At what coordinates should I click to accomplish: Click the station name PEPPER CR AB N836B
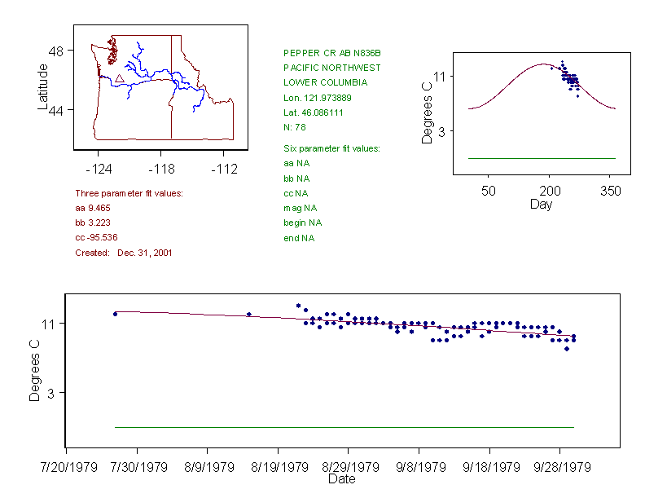point(331,53)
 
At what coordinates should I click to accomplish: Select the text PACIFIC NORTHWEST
point(331,68)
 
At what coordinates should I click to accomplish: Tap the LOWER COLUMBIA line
point(325,82)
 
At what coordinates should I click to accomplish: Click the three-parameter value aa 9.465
point(91,209)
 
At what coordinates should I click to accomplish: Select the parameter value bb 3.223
point(91,223)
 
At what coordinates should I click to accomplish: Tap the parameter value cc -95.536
point(96,237)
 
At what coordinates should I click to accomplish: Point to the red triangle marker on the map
point(119,79)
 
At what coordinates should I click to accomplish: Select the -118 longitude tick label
point(161,169)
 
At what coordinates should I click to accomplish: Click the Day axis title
point(541,204)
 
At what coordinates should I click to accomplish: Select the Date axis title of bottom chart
point(341,479)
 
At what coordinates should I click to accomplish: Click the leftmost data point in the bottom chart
point(115,314)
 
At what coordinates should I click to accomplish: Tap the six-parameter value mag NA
point(300,208)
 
